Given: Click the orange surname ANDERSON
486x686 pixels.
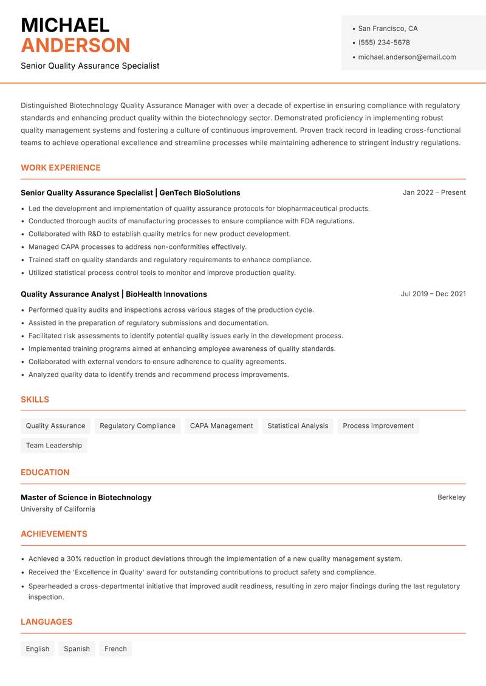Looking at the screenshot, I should point(75,46).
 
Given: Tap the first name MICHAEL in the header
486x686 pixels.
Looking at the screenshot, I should point(65,25).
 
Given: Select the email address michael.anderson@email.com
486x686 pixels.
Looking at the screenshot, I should point(406,57).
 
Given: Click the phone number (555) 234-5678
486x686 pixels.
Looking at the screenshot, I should point(383,42).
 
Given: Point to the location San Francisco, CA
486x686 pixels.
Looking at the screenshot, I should point(388,29).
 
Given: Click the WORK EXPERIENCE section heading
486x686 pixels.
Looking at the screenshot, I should point(61,168).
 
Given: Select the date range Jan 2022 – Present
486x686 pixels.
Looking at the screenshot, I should point(434,192).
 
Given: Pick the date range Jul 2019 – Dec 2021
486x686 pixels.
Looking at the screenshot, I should point(433,294).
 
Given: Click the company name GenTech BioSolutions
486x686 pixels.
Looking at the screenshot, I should point(200,192).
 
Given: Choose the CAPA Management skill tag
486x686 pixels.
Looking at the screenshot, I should point(221,426).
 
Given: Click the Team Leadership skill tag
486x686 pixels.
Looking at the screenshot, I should point(53,445).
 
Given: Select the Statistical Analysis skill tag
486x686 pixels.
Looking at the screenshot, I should point(298,426).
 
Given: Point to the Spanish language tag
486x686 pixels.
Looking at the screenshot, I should point(77,648).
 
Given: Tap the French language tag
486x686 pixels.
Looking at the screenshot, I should point(115,648).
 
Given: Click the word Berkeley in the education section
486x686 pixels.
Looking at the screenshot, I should point(451,497).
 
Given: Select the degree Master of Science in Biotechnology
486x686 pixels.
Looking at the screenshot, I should point(86,497).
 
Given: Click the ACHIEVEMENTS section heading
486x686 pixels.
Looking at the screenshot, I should point(54,534).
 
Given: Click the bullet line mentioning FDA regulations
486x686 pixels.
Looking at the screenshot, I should point(191,221).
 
